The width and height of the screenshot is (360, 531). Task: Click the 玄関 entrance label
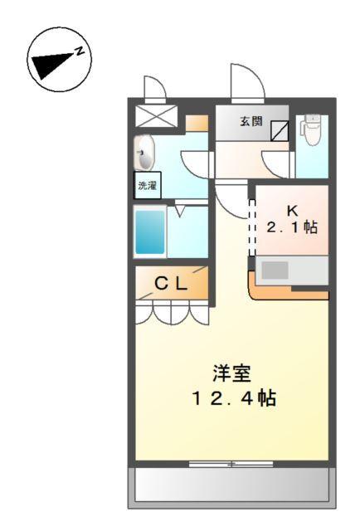coord(251,121)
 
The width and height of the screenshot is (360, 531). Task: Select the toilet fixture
coord(312,132)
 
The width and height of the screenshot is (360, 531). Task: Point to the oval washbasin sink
coord(145,153)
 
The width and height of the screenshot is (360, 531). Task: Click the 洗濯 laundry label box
coord(147,186)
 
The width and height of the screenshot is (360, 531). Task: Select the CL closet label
coord(172,284)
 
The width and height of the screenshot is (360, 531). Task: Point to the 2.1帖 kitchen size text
coord(292,227)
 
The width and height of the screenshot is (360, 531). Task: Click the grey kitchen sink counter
coord(290,270)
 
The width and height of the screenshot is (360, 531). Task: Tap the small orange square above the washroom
coord(196,124)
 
